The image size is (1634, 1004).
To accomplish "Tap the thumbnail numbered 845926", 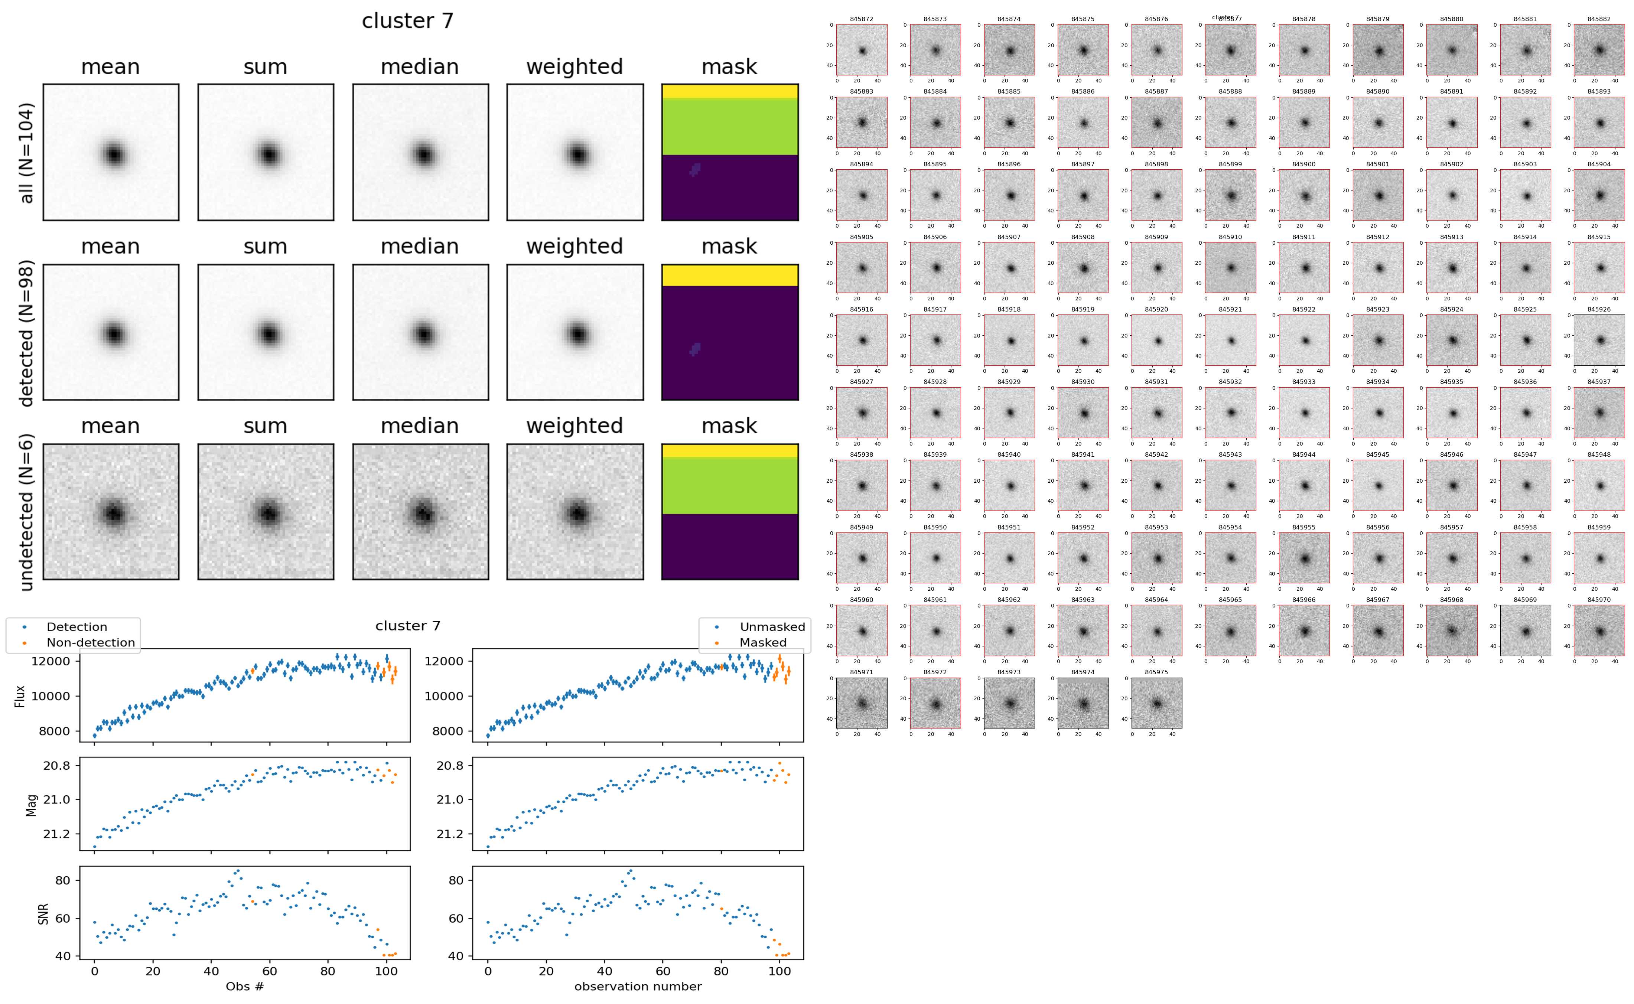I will pos(1599,340).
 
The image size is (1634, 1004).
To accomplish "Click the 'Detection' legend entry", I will pos(77,627).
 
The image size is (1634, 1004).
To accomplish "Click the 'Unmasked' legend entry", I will pos(772,627).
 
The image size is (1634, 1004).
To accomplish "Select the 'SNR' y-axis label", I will pos(43,914).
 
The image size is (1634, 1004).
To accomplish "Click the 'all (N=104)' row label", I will pos(27,153).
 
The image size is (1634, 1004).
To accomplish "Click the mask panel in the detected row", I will pos(730,332).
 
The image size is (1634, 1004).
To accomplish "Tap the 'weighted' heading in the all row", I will pos(574,67).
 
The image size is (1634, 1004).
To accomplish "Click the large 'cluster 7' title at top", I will pos(407,21).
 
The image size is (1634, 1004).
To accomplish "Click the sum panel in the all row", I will pos(266,152).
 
